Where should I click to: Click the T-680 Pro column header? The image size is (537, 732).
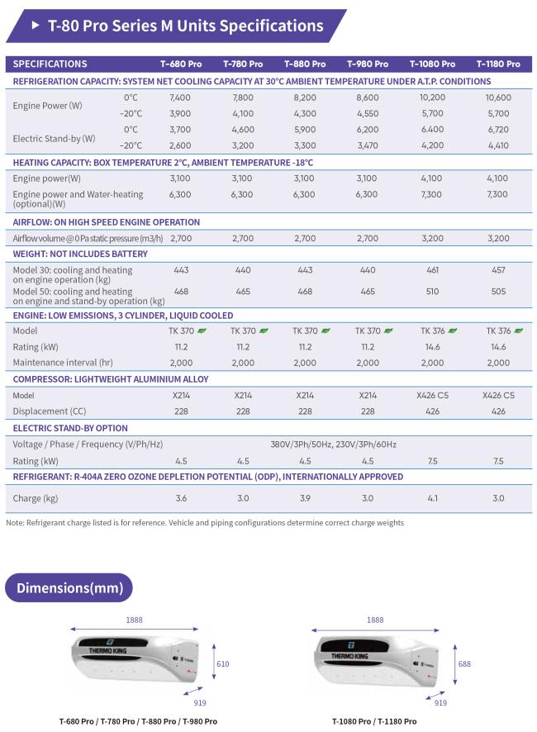pos(181,64)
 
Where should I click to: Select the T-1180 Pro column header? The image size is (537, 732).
pos(498,64)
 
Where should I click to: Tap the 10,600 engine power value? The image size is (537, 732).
pos(498,97)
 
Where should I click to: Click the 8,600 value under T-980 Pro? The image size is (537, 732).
pos(368,97)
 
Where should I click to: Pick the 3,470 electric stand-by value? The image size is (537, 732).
pos(368,145)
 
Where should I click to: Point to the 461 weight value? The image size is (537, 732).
pos(432,270)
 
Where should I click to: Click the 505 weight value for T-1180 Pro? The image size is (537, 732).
pos(498,292)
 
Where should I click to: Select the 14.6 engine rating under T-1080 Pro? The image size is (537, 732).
pos(432,347)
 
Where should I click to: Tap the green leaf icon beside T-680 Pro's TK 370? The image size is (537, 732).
pos(202,330)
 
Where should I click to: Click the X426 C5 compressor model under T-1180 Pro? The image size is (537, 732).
pos(498,396)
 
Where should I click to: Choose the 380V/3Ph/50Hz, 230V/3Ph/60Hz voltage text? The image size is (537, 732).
pos(334,444)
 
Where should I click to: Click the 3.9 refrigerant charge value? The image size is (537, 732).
pos(305,498)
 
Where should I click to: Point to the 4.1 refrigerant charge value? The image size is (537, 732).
pos(432,498)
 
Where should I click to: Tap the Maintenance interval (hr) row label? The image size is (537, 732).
pos(63,362)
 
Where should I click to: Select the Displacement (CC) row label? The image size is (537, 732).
pos(49,411)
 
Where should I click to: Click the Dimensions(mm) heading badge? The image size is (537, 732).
pos(69,587)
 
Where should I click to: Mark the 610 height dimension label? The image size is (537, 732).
pos(223,664)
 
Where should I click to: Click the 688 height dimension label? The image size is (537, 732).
pos(464,664)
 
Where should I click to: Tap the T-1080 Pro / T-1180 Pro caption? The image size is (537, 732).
pos(374,721)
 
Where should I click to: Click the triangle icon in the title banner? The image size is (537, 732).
pos(36,26)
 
